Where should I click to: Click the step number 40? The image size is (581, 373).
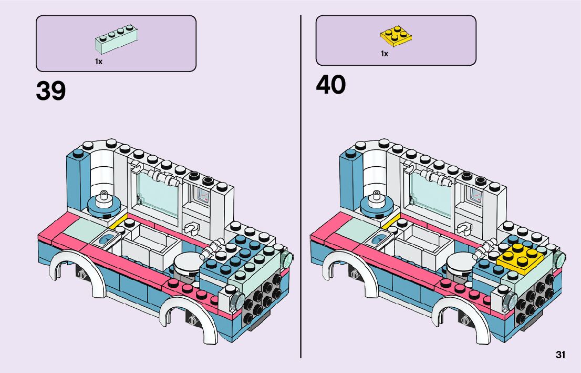click(331, 85)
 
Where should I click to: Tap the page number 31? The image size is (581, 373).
click(560, 355)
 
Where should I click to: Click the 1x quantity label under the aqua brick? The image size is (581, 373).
click(99, 62)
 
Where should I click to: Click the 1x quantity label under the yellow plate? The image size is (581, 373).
click(385, 54)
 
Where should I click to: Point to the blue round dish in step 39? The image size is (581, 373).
click(104, 204)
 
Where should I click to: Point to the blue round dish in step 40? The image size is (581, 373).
click(377, 204)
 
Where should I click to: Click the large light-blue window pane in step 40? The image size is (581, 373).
click(430, 193)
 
